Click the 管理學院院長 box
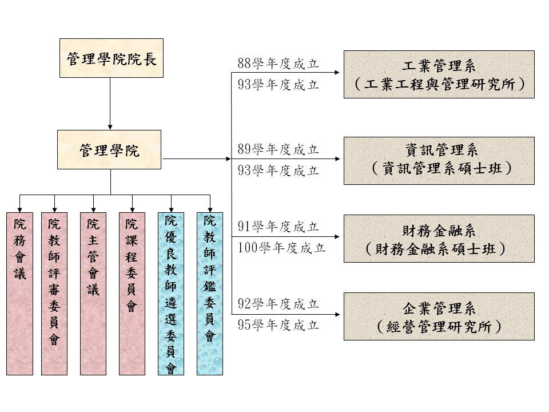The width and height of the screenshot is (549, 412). (x=112, y=58)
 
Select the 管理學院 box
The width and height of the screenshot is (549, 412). (x=109, y=150)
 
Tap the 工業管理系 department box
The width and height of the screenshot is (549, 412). (x=439, y=74)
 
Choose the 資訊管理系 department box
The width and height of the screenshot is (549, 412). (x=439, y=161)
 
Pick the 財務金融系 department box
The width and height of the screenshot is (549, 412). (x=439, y=239)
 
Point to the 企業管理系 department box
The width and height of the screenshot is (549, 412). (x=439, y=316)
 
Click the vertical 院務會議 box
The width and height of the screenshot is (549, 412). (x=20, y=294)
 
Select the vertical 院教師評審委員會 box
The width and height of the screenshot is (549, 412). (x=54, y=294)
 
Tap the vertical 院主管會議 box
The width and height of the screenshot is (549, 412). (x=93, y=294)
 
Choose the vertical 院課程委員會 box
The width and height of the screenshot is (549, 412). (x=132, y=294)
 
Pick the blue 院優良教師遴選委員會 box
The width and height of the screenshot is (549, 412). (x=171, y=294)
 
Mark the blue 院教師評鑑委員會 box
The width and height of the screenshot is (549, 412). (x=210, y=294)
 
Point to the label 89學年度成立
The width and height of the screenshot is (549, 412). (x=278, y=150)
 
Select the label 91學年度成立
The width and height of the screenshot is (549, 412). (x=278, y=227)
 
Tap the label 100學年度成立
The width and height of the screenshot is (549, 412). (x=281, y=248)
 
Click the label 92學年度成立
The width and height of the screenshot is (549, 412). (x=278, y=304)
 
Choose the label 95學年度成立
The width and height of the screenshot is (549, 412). (x=278, y=325)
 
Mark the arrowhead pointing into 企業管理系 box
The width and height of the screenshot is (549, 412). (x=339, y=314)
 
